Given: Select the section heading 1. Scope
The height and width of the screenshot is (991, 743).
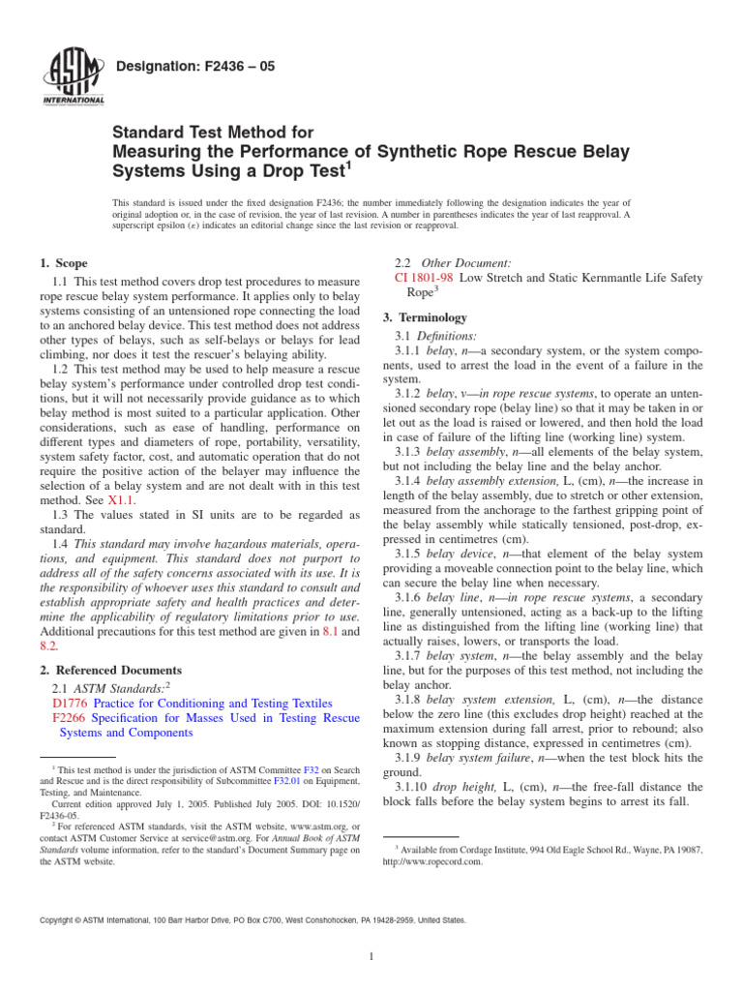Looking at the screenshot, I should click(63, 263).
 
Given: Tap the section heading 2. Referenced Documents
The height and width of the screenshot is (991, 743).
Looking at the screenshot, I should click(109, 670).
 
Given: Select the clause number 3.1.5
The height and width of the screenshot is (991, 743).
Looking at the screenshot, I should click(409, 553).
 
